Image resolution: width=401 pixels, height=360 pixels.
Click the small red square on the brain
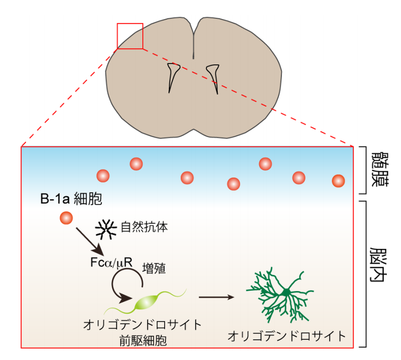point(130,36)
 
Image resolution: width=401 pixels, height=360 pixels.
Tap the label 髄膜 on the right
point(379,170)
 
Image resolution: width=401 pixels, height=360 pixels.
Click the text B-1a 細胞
point(71,199)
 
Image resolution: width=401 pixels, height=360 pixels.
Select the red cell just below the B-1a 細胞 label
point(66,218)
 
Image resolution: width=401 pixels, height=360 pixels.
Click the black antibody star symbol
point(107,229)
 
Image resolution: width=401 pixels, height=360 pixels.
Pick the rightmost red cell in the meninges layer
point(338,181)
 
